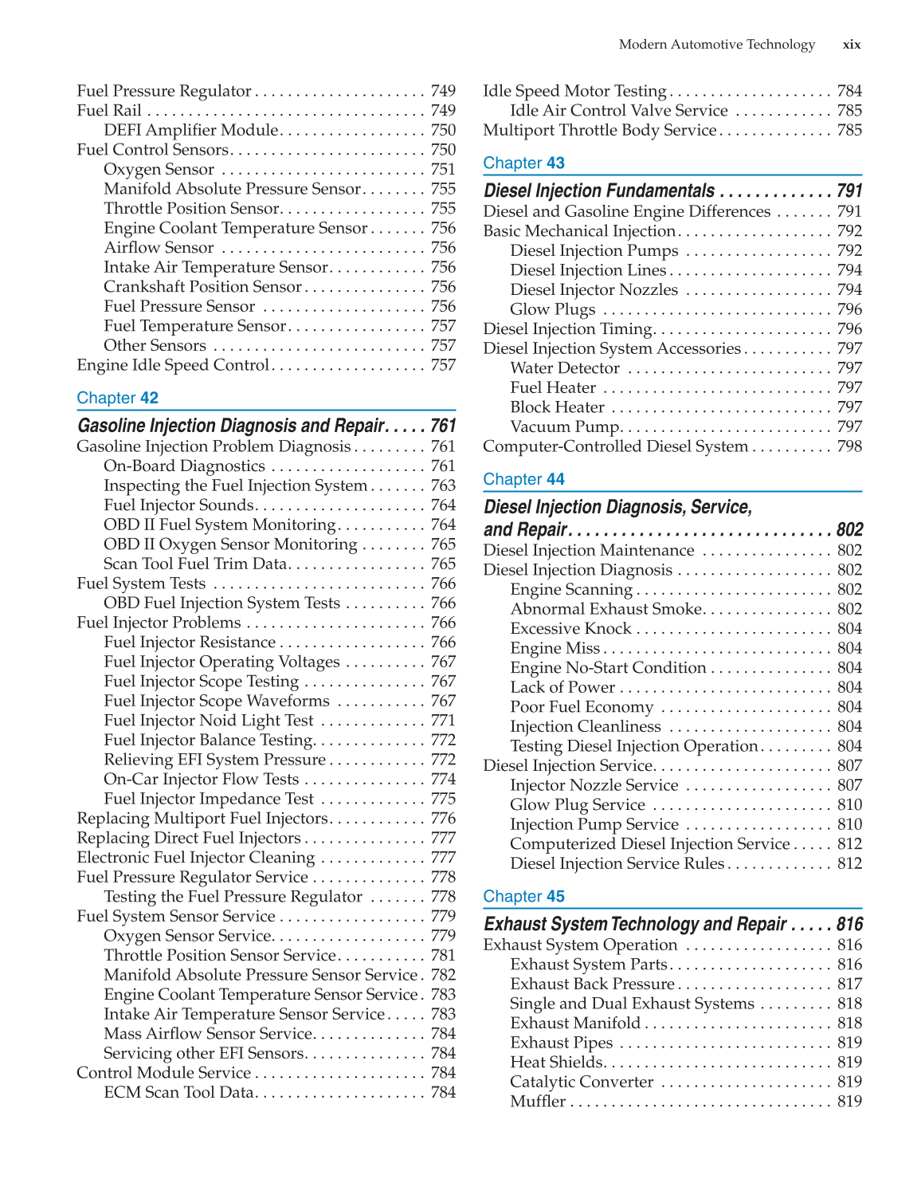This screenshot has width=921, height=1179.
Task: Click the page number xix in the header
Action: pyautogui.click(x=851, y=45)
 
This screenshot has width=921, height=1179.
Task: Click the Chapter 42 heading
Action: pyautogui.click(x=117, y=398)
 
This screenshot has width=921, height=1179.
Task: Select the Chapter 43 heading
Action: pyautogui.click(x=523, y=163)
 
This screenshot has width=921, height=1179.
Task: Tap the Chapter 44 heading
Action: pyautogui.click(x=523, y=479)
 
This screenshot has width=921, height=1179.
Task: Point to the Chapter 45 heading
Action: pyautogui.click(x=523, y=897)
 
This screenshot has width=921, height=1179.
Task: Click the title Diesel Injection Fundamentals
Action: pyautogui.click(x=598, y=191)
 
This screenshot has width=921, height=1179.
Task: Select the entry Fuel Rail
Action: pyautogui.click(x=109, y=111)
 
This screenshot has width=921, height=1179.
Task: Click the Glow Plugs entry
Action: pyautogui.click(x=552, y=309)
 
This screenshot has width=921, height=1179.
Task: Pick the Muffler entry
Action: pyautogui.click(x=538, y=1102)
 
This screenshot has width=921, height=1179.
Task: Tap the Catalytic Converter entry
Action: pyautogui.click(x=582, y=1082)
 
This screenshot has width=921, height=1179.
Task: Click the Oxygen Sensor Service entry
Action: pyautogui.click(x=188, y=936)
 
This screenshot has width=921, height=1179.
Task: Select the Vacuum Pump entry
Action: pyautogui.click(x=564, y=427)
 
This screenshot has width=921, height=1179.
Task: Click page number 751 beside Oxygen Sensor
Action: pyautogui.click(x=443, y=170)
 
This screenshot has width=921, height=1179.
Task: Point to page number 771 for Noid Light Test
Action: pyautogui.click(x=443, y=721)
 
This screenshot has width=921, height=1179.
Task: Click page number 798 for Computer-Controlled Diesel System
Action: pyautogui.click(x=849, y=446)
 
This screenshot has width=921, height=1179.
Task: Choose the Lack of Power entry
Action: pyautogui.click(x=562, y=687)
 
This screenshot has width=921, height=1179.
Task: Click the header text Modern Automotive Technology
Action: pyautogui.click(x=716, y=45)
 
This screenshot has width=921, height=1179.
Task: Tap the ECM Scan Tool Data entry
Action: pyautogui.click(x=178, y=1093)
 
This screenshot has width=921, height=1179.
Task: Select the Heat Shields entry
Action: pyautogui.click(x=556, y=1063)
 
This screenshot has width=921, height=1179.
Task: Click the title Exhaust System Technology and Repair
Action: pyautogui.click(x=635, y=924)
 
